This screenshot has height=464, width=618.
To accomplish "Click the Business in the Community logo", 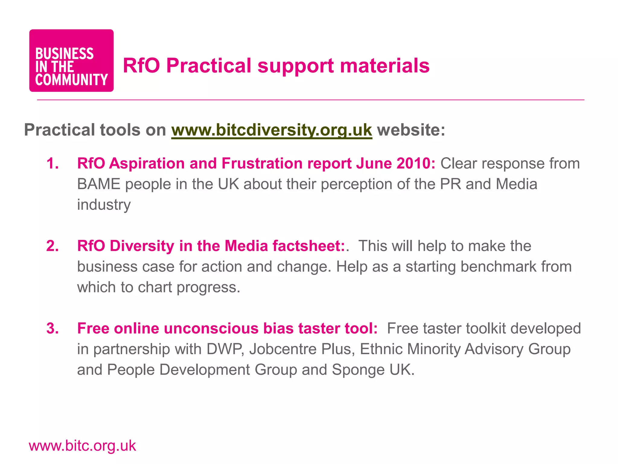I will (71, 60).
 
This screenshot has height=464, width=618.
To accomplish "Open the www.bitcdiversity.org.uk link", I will (272, 130).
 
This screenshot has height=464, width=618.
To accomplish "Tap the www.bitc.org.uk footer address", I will (82, 446).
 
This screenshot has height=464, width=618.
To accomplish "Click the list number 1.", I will (52, 163).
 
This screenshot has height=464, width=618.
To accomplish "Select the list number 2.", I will (52, 246).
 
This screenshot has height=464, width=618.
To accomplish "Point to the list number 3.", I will (52, 328).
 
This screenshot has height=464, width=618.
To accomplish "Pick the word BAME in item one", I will (99, 184).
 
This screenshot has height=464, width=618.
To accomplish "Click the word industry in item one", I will (104, 205).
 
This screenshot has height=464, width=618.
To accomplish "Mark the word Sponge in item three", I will (358, 370).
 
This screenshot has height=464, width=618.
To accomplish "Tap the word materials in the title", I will (385, 66).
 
